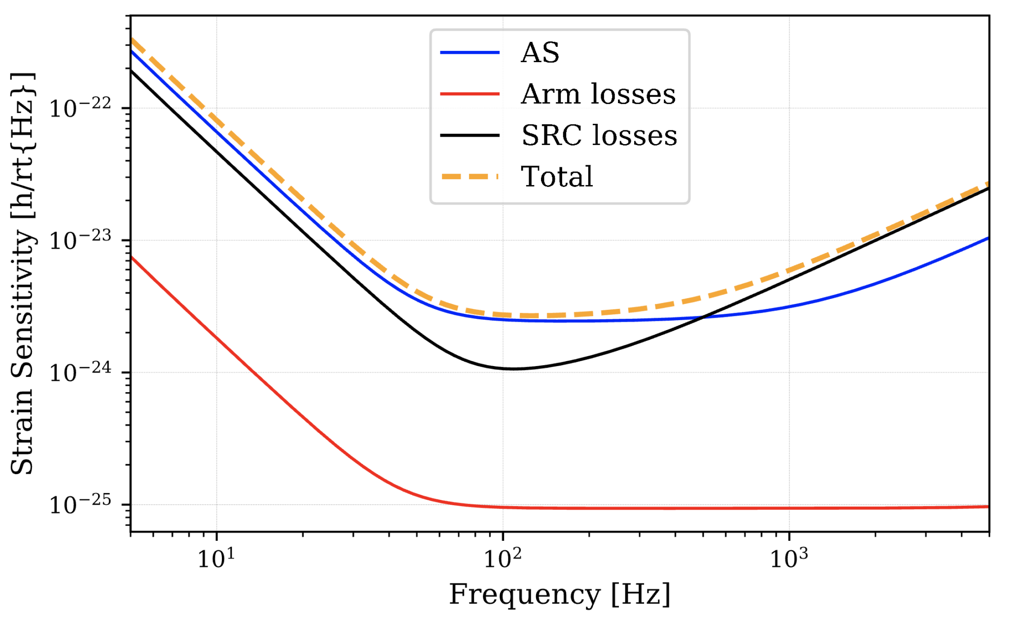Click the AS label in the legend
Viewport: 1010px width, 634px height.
(540, 53)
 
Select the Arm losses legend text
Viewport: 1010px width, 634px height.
(598, 94)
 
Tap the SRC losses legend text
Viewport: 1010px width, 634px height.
(599, 135)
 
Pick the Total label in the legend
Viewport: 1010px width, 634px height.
(557, 177)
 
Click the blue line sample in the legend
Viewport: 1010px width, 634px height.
(469, 53)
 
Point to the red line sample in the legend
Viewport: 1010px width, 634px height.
(469, 94)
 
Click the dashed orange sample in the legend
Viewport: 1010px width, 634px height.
(469, 177)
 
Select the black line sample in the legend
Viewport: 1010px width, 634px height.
(469, 135)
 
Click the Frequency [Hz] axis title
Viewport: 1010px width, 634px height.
(559, 595)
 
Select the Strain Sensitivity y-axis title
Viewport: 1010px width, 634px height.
(22, 274)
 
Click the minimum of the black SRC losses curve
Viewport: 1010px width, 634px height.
(513, 369)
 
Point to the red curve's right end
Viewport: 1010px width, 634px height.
(988, 507)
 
